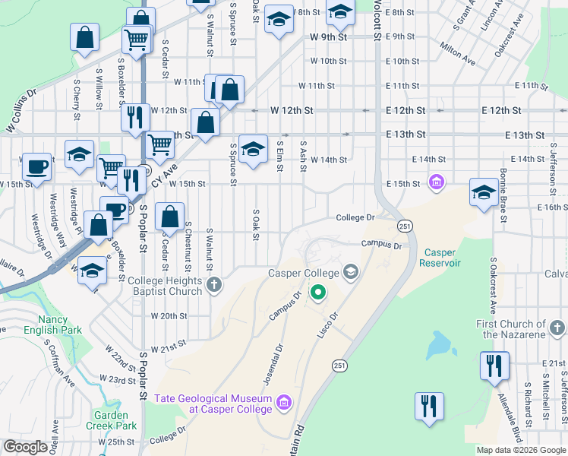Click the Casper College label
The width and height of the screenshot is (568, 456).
[305, 272]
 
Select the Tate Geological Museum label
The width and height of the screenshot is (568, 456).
[213, 404]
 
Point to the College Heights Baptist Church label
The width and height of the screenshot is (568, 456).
[165, 286]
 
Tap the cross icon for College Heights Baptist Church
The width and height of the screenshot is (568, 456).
[215, 286]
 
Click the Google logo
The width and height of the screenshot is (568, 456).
[25, 447]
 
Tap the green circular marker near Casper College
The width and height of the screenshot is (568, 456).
[320, 291]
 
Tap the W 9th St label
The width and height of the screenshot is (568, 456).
[328, 36]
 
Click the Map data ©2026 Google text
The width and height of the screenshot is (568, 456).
[521, 450]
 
